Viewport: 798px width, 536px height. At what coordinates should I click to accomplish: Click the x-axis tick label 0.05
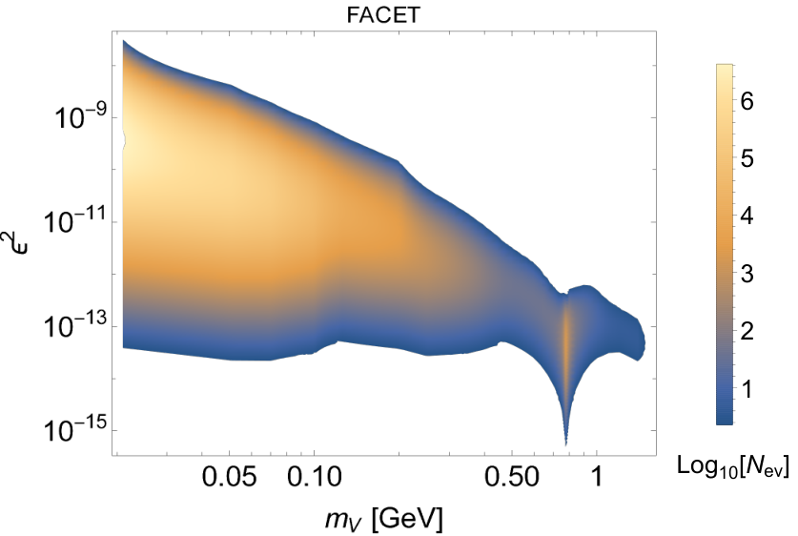pyautogui.click(x=230, y=477)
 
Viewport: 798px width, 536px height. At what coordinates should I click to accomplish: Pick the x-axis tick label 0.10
pyautogui.click(x=315, y=477)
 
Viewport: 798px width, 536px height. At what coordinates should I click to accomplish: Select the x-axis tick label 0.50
pyautogui.click(x=511, y=477)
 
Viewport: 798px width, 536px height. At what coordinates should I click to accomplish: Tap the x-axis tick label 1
pyautogui.click(x=597, y=477)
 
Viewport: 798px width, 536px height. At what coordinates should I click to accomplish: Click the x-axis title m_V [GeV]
pyautogui.click(x=384, y=520)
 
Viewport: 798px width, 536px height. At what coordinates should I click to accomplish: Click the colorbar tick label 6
pyautogui.click(x=747, y=101)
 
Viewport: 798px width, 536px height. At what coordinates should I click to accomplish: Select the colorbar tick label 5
pyautogui.click(x=747, y=159)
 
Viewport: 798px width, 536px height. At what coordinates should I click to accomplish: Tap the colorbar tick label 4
pyautogui.click(x=747, y=216)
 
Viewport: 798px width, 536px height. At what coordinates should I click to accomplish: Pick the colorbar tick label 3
pyautogui.click(x=747, y=274)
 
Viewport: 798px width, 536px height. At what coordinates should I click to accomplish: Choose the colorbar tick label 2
pyautogui.click(x=747, y=331)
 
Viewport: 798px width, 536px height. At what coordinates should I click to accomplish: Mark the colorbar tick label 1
pyautogui.click(x=747, y=389)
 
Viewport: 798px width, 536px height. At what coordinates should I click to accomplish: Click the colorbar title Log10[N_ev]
pyautogui.click(x=733, y=465)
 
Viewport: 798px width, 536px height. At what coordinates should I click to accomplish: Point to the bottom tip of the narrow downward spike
pyautogui.click(x=566, y=445)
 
